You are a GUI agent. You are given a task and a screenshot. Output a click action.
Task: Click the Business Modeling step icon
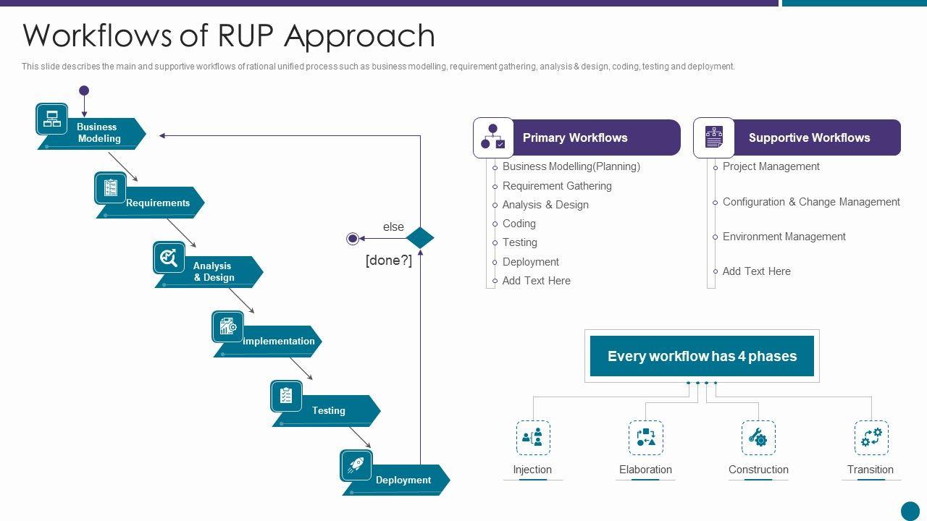[x=52, y=119]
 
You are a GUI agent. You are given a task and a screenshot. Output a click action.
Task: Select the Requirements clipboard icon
[x=110, y=188]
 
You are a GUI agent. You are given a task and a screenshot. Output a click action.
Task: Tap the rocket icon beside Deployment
[x=356, y=465]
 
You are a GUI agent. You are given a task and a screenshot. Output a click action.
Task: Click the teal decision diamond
[x=420, y=238]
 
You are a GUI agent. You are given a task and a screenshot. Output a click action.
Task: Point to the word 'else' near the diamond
[x=393, y=227]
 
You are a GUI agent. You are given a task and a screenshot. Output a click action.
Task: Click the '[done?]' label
[x=389, y=260]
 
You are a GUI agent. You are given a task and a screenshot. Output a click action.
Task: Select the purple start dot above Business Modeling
[x=84, y=91]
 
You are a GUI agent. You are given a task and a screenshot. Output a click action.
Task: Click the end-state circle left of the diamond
[x=353, y=238]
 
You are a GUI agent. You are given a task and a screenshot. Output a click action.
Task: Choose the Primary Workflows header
[x=575, y=137]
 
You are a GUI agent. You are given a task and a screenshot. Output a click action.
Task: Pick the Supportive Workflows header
[x=809, y=137]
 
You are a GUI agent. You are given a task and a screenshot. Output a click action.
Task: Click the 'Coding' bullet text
[x=519, y=224]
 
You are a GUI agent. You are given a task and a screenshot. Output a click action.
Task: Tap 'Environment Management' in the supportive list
[x=784, y=237]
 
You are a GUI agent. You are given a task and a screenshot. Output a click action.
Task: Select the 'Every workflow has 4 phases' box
[x=702, y=356]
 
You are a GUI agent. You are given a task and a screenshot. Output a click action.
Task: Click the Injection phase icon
[x=533, y=438]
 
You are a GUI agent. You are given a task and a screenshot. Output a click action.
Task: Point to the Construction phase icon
[x=758, y=438]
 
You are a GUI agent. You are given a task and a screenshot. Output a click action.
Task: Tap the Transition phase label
[x=871, y=470]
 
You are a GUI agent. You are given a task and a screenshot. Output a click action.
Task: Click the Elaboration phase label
[x=645, y=470]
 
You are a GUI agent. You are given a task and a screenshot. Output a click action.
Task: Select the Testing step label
[x=329, y=410]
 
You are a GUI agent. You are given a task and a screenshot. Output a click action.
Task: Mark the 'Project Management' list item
[x=771, y=166]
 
